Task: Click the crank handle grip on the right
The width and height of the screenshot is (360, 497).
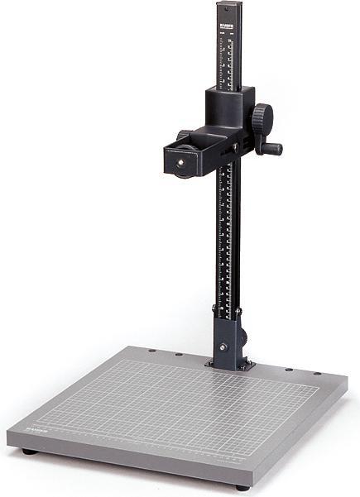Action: pyautogui.click(x=272, y=149)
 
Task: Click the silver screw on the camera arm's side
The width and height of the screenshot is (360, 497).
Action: pyautogui.click(x=235, y=147)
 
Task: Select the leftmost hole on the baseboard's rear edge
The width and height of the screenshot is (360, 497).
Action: pyautogui.click(x=151, y=351)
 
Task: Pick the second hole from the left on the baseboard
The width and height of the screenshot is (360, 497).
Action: pyautogui.click(x=178, y=355)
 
